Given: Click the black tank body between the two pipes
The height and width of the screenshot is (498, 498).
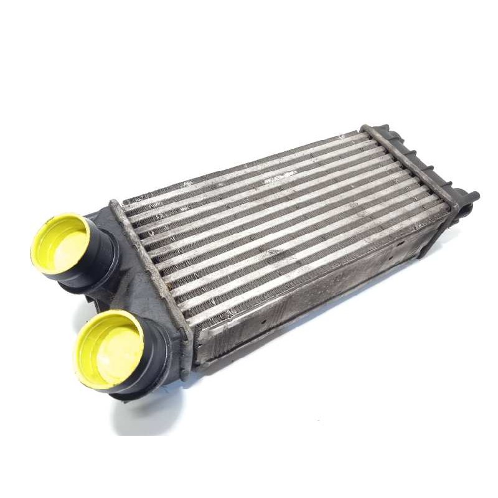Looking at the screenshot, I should [x=140, y=293].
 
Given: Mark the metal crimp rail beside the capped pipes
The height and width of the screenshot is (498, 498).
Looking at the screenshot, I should [x=153, y=268].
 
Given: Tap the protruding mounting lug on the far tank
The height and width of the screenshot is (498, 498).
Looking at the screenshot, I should [x=470, y=198].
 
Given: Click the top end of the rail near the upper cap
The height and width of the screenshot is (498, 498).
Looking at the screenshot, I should [x=115, y=204].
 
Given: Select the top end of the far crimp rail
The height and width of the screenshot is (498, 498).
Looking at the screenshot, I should [x=365, y=129].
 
